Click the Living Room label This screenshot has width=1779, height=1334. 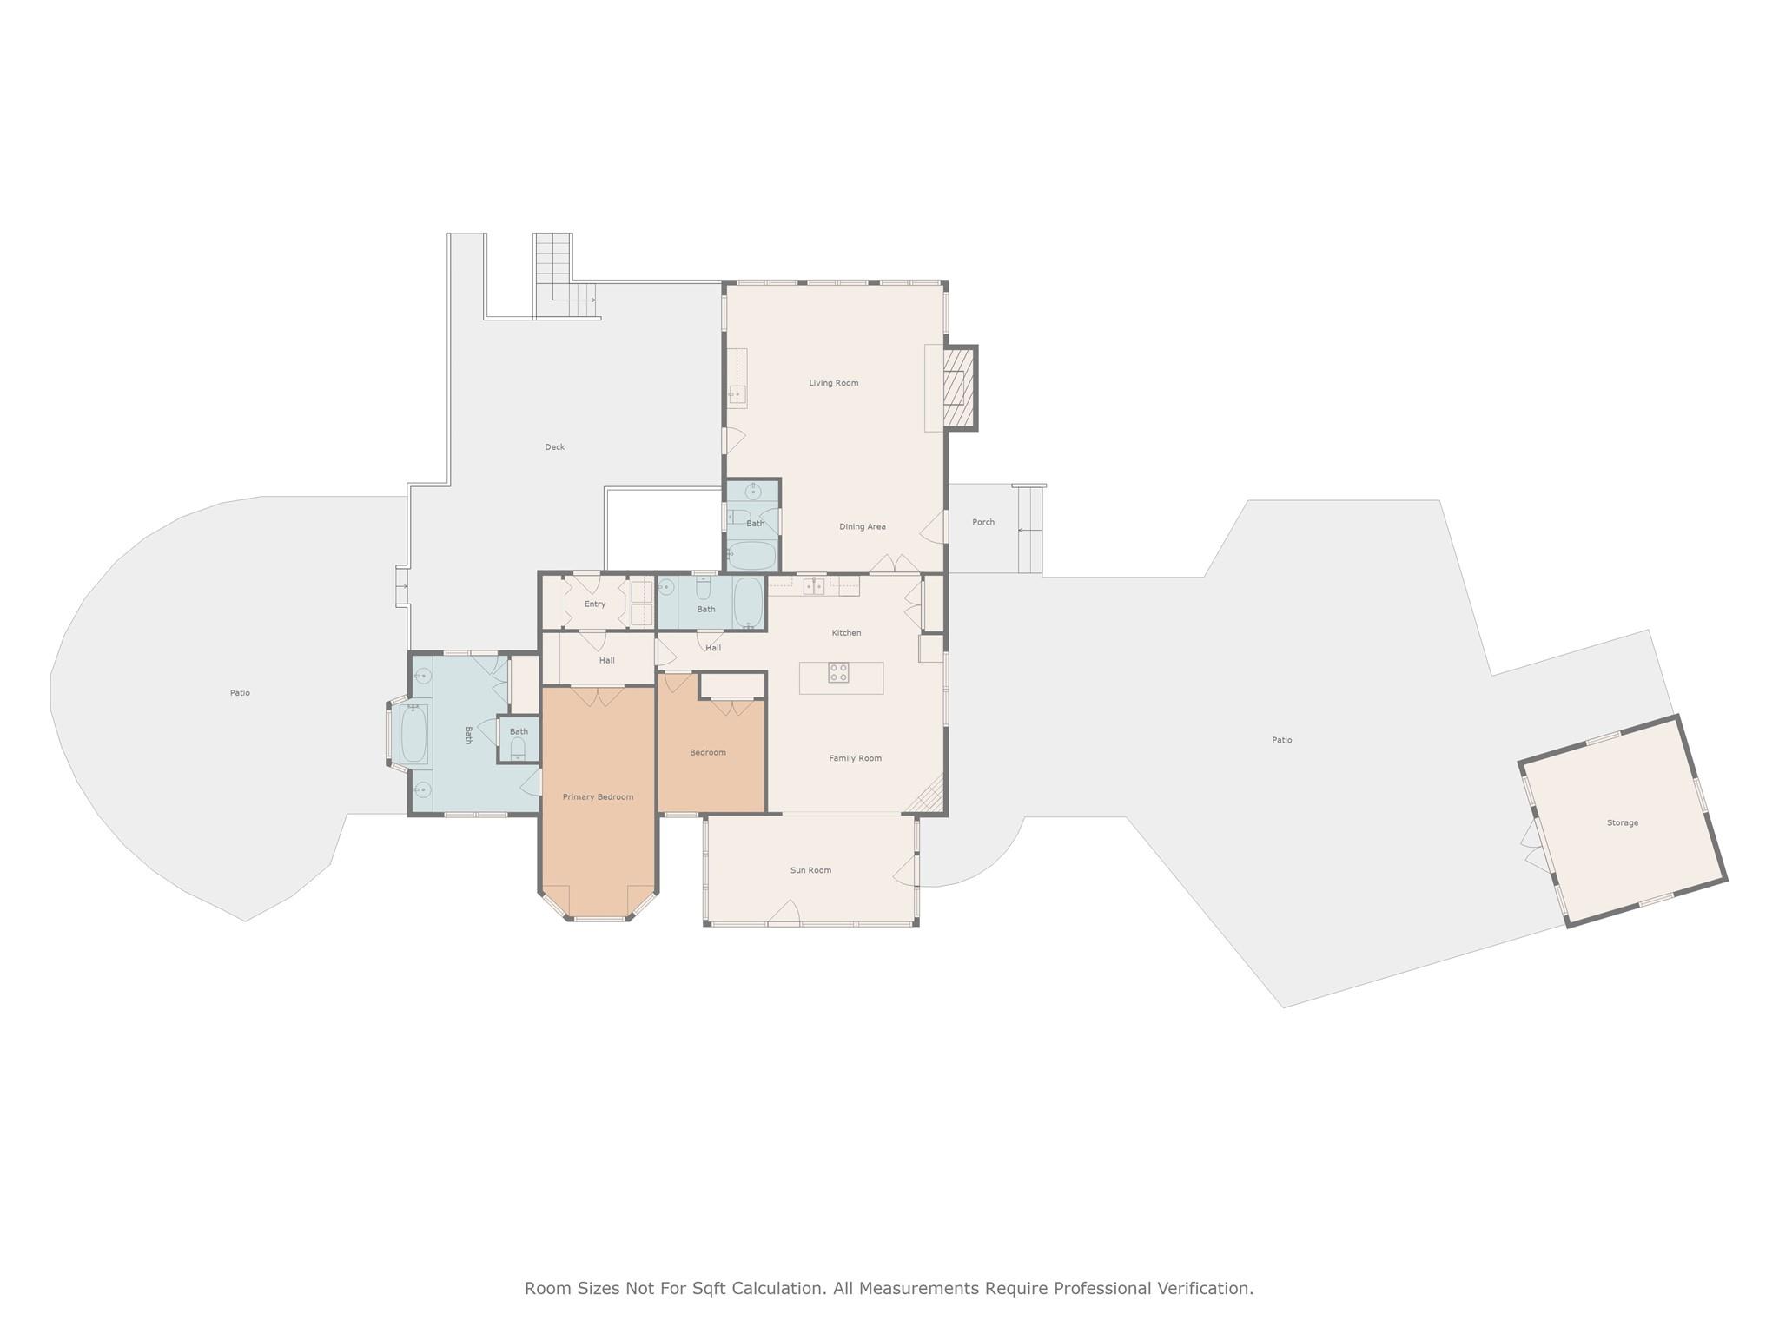click(x=833, y=383)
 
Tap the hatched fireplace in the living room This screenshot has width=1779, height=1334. click(x=958, y=387)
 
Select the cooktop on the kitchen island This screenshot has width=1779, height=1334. click(x=838, y=672)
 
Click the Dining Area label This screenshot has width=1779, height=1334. click(x=862, y=526)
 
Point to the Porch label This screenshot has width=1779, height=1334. click(x=982, y=522)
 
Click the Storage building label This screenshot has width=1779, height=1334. click(x=1622, y=822)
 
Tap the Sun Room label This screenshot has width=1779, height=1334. click(x=810, y=870)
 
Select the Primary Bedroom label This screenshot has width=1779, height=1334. click(x=598, y=796)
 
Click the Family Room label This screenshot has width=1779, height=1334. click(x=855, y=758)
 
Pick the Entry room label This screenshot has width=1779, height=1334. click(x=594, y=604)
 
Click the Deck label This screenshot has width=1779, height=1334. click(x=554, y=447)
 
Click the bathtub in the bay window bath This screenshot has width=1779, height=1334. click(x=413, y=733)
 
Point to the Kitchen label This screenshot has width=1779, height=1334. click(x=846, y=632)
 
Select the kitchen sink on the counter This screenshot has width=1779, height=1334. click(x=814, y=587)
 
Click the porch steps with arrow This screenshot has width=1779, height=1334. click(x=1029, y=529)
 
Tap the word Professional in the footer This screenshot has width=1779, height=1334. click(x=1105, y=1288)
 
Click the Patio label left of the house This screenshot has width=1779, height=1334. click(x=240, y=693)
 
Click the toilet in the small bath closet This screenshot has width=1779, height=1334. click(x=518, y=747)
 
